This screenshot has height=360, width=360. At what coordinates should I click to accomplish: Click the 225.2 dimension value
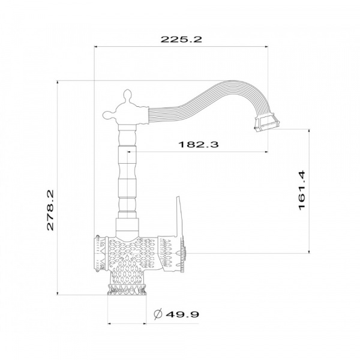(181, 39)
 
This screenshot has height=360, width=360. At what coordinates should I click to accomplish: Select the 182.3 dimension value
(199, 145)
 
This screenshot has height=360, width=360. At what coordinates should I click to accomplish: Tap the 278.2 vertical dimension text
(50, 210)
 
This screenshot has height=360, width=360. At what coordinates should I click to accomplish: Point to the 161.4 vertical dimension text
(302, 190)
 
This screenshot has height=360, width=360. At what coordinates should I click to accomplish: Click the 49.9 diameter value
(182, 314)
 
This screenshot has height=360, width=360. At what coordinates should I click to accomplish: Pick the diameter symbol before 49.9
(158, 314)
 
